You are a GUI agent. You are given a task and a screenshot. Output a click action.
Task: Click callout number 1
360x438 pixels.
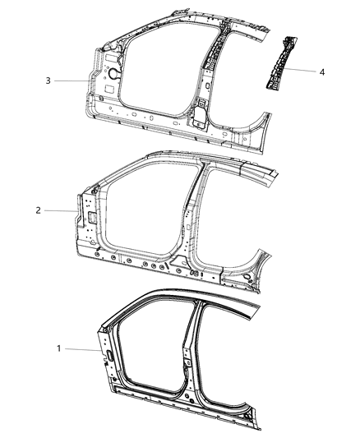58,348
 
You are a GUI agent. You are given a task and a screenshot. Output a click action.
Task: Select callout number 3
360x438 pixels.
48,81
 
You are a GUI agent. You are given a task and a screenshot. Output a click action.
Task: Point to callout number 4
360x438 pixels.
322,72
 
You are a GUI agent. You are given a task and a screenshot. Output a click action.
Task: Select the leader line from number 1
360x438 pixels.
81,350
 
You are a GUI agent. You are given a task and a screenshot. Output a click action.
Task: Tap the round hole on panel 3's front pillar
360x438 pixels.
108,73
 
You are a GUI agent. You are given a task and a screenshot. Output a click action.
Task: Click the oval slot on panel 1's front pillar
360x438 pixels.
109,354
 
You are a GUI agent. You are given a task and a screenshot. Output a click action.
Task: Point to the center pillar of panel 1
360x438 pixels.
187,345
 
